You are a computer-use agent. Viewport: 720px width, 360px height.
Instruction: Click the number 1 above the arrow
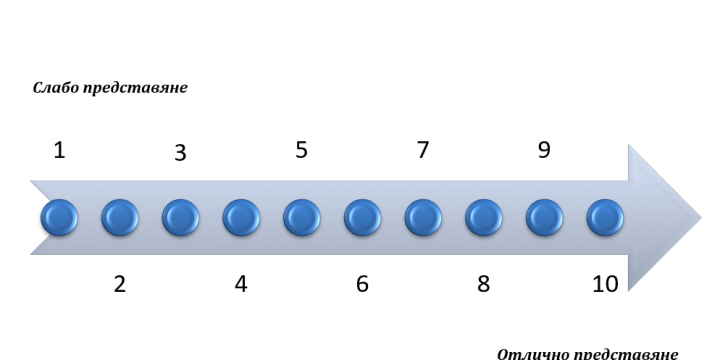pyautogui.click(x=59, y=150)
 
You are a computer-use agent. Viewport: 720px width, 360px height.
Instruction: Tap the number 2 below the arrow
pyautogui.click(x=119, y=284)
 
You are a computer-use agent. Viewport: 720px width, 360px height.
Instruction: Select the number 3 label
pyautogui.click(x=180, y=153)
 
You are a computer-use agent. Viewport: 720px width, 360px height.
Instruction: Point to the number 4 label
pyautogui.click(x=241, y=284)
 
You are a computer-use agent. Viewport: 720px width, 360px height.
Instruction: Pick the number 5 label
pyautogui.click(x=301, y=150)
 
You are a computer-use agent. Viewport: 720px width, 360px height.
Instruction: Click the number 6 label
pyautogui.click(x=362, y=284)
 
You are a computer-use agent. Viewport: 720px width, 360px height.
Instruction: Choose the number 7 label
pyautogui.click(x=423, y=150)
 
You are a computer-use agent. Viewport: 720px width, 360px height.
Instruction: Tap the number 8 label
pyautogui.click(x=484, y=284)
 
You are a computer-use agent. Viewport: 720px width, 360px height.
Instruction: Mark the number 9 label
pyautogui.click(x=544, y=150)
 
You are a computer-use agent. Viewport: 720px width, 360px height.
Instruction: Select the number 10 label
pyautogui.click(x=606, y=284)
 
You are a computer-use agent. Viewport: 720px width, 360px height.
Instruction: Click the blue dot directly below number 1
pyautogui.click(x=59, y=218)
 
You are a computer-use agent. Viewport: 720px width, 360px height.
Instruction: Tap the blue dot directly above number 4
pyautogui.click(x=241, y=218)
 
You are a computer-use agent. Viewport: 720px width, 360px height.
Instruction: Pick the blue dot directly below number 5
pyautogui.click(x=302, y=218)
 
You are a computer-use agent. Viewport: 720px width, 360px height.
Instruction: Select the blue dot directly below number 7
pyautogui.click(x=423, y=218)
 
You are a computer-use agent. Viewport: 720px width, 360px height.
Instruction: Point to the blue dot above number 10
pyautogui.click(x=605, y=218)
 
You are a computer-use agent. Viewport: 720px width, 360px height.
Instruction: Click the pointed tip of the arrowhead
pyautogui.click(x=701, y=218)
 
